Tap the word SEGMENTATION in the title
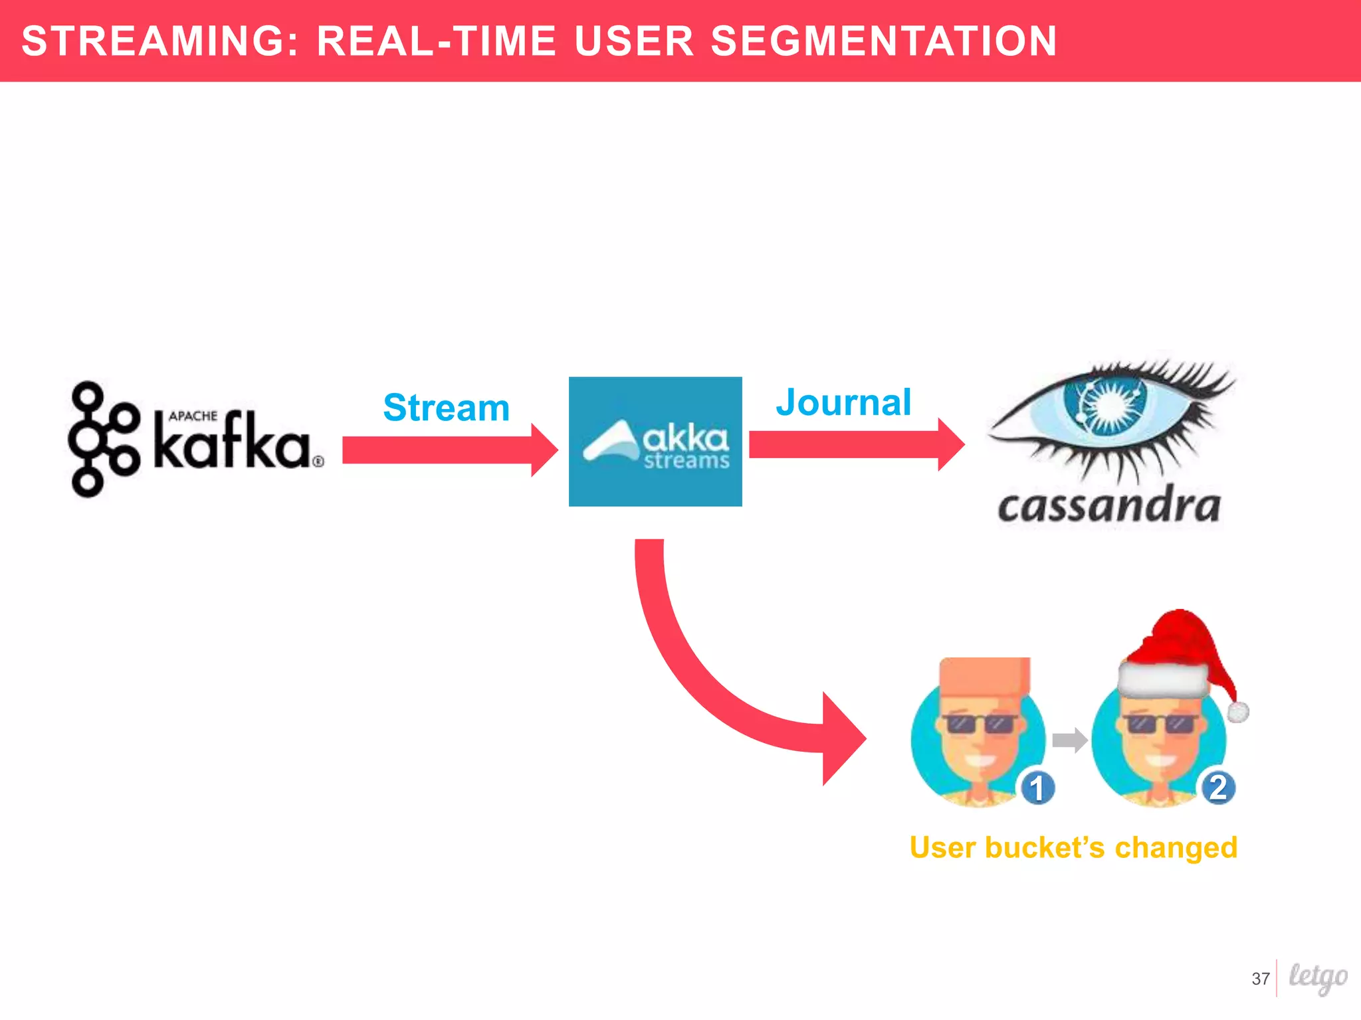[884, 41]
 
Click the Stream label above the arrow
[446, 407]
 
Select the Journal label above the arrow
[843, 402]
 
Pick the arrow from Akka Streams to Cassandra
[855, 444]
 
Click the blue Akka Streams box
[655, 442]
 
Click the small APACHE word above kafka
[193, 416]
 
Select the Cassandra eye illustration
[1110, 415]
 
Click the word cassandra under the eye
[1108, 508]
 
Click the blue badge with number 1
[1037, 788]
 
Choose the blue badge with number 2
[1218, 788]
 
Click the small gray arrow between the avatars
[1069, 739]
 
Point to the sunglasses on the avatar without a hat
[982, 724]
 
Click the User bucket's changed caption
[1073, 847]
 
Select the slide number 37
[1260, 979]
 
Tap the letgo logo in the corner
[1318, 977]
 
